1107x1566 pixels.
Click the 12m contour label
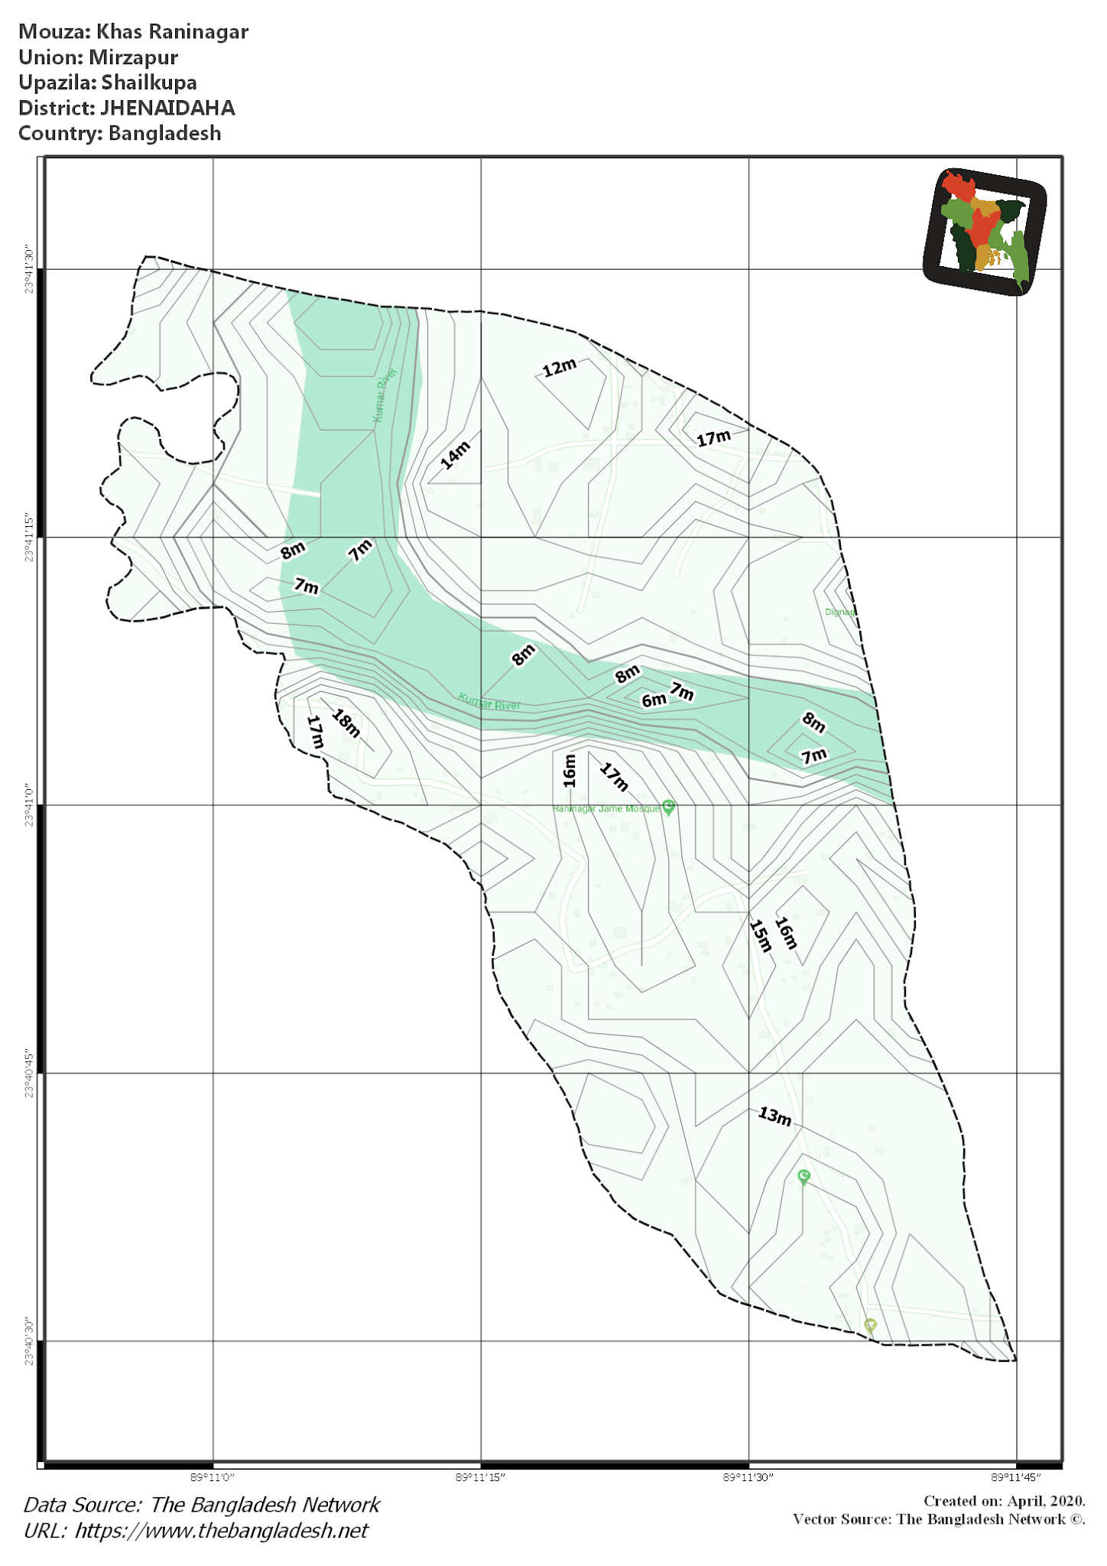[560, 368]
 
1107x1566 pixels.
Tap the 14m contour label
[456, 455]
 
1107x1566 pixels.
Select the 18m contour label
[346, 723]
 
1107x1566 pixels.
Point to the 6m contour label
[654, 700]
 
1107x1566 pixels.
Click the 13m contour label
[774, 1116]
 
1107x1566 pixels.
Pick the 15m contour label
[761, 935]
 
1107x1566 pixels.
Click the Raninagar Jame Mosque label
[605, 809]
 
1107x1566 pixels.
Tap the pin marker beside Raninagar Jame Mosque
[669, 807]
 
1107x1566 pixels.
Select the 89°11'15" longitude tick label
[480, 1477]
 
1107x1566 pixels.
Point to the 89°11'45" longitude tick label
[1016, 1477]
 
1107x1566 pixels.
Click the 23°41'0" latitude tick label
[29, 805]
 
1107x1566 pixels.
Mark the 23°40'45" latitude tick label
[29, 1074]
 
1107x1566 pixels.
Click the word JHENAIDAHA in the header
[167, 108]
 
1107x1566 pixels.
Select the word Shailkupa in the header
[149, 83]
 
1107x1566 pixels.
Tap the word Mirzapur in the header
[133, 57]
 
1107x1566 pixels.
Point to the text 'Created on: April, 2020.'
[1004, 1501]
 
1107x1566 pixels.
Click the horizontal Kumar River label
[489, 701]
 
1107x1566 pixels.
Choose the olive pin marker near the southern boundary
[870, 1325]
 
